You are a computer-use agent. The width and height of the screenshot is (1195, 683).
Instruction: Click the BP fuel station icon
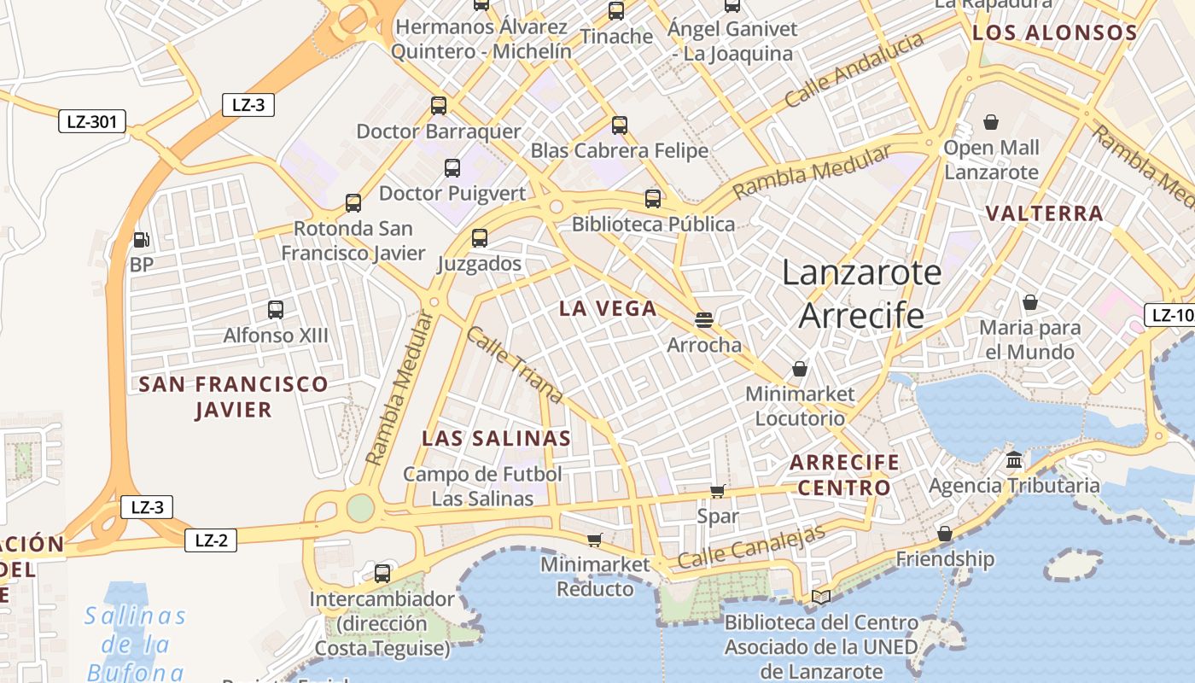coord(142,240)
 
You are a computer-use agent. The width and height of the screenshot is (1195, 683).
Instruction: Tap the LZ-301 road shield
coord(92,122)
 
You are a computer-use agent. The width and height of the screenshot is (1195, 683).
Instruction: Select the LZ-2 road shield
coord(211,540)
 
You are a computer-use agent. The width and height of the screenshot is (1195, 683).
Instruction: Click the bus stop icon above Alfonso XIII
coord(276,310)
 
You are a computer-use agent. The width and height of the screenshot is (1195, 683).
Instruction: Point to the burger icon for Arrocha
coord(704,320)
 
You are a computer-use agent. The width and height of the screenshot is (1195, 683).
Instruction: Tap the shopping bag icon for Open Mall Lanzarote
coord(991,123)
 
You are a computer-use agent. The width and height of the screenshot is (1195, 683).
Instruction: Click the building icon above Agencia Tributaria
coord(1014,461)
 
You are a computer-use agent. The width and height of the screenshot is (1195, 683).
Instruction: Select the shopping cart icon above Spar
coord(718,491)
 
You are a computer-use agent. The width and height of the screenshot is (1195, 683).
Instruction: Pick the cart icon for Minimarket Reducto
coord(595,540)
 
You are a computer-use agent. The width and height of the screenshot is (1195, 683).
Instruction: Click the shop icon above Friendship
coord(945,534)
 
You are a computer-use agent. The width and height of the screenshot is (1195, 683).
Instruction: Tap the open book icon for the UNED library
coord(821,597)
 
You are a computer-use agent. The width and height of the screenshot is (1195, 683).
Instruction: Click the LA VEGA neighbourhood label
coord(608,309)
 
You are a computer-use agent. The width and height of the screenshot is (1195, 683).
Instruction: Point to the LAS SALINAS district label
coord(496,439)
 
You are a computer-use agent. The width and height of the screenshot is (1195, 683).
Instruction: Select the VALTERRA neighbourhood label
coord(1045,213)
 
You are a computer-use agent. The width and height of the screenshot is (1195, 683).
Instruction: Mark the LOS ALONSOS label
coord(1055,33)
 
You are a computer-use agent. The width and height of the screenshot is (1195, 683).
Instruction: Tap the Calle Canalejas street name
coord(751,546)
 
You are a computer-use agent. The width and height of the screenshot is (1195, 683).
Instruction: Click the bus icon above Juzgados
coord(480,238)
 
